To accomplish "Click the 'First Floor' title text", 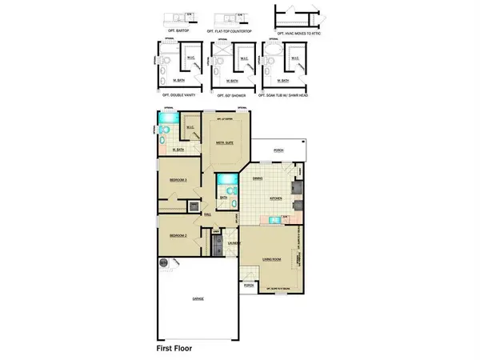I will pyautogui.click(x=180, y=349).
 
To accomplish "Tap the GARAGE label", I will pyautogui.click(x=198, y=299).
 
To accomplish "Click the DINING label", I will pyautogui.click(x=258, y=178).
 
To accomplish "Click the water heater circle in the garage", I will pyautogui.click(x=163, y=262).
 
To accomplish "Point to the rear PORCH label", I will pyautogui.click(x=279, y=150).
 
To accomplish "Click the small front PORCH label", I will pyautogui.click(x=249, y=286).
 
